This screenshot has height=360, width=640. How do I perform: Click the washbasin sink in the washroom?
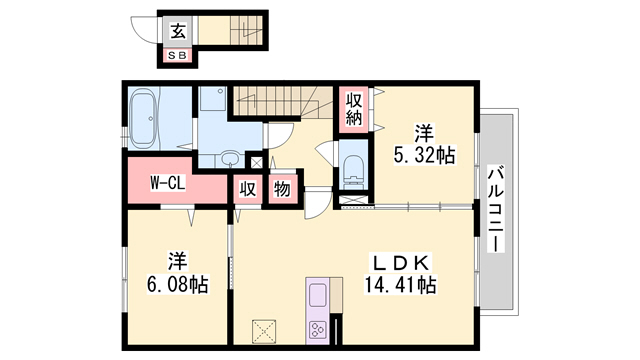231,158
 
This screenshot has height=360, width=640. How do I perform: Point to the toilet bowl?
353,169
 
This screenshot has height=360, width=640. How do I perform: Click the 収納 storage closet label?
354,108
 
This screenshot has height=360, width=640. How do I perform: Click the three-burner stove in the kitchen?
319,329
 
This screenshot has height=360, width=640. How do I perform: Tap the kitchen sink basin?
319,296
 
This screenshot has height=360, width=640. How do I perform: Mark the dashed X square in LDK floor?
264,329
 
